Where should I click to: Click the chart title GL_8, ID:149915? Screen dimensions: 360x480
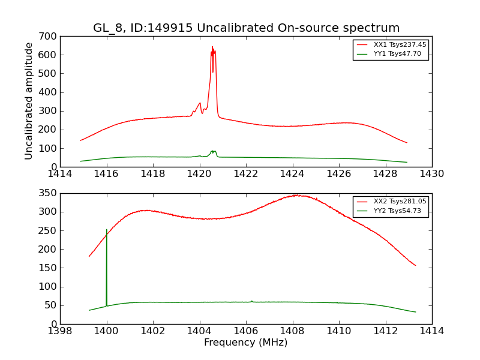pos(246,28)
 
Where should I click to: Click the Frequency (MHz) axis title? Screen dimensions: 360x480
pos(246,343)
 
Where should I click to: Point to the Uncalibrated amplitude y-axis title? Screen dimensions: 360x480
pos(29,101)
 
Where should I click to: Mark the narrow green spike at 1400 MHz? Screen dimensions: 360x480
pos(107,230)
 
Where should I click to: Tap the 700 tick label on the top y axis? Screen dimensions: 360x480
pos(50,37)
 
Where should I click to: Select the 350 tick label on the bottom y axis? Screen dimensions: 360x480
pos(50,193)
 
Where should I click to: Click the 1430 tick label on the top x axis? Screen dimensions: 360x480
pos(432,173)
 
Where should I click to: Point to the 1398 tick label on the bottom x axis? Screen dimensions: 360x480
pos(60,331)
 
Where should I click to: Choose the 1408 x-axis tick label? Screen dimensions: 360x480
pos(293,331)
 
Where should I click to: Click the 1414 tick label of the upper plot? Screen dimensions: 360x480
pos(60,173)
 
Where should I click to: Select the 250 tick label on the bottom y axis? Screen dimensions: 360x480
pos(50,230)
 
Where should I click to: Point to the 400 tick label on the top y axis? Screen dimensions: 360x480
pos(50,92)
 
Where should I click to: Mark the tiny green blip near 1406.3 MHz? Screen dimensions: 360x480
pos(252,301)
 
